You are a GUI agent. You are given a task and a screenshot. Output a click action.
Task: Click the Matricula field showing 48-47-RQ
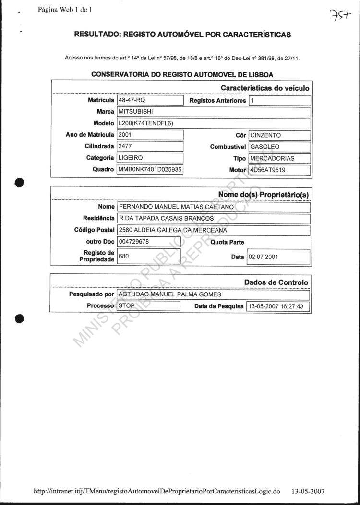[150, 101]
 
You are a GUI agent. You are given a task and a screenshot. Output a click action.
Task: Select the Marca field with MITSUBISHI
[214, 112]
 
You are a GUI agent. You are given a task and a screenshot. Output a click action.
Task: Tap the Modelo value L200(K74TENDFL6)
[214, 124]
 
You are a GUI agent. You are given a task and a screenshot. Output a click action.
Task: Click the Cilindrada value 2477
[150, 147]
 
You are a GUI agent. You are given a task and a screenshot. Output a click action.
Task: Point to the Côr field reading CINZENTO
[279, 136]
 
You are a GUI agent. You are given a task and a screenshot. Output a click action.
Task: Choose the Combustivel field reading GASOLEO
[279, 147]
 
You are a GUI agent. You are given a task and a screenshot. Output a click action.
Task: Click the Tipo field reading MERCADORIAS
[279, 158]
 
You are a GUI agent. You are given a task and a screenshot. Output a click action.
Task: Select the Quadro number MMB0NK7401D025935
[150, 169]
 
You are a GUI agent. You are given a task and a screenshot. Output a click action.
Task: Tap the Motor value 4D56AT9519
[279, 170]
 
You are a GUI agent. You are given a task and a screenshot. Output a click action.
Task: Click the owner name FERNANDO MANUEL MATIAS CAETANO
[214, 207]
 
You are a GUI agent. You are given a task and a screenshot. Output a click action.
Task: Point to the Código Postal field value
[214, 230]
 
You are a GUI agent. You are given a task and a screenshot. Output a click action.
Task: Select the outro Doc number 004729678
[149, 242]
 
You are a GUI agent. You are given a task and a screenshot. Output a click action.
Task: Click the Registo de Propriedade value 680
[149, 256]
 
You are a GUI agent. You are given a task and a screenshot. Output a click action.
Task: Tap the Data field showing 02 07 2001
[278, 257]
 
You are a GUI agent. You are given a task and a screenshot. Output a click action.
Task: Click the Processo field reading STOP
[148, 305]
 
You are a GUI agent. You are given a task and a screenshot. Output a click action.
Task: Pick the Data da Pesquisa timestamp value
[278, 306]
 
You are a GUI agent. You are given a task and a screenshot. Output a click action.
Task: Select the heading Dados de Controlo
[276, 282]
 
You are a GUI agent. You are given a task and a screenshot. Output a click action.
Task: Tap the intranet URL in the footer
[157, 492]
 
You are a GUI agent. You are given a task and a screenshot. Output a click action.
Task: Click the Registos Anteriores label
[218, 101]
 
